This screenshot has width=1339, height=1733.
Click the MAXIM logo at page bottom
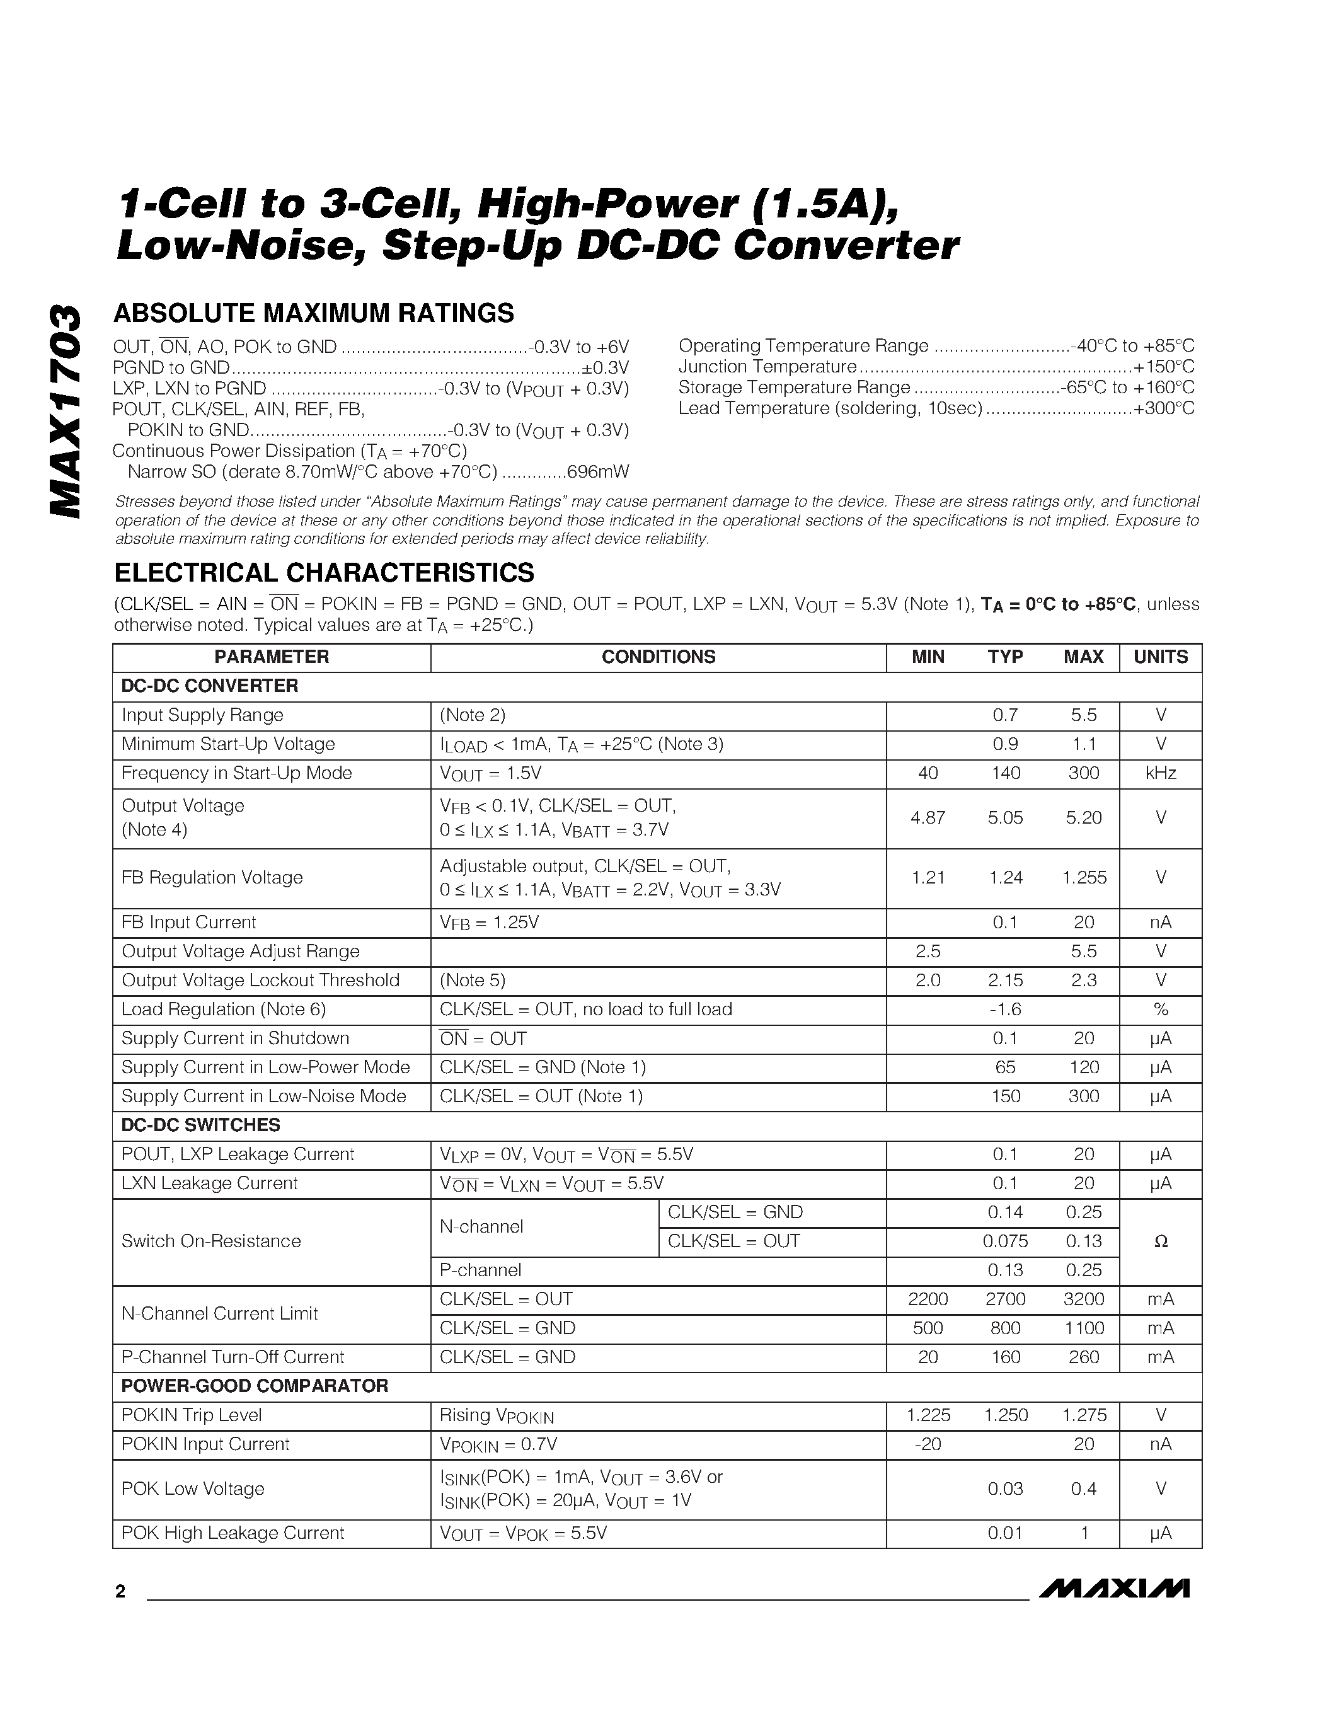(x=1113, y=1610)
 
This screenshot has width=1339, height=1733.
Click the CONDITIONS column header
(x=658, y=657)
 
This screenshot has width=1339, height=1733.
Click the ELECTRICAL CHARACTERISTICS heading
(x=324, y=572)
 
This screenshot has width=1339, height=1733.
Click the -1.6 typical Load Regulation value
(x=1005, y=1010)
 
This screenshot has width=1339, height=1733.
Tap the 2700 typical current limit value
(x=1005, y=1299)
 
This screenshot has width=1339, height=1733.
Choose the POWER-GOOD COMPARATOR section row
(x=255, y=1386)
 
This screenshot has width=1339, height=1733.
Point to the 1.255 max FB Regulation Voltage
(x=1084, y=878)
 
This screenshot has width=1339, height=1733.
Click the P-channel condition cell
(x=481, y=1270)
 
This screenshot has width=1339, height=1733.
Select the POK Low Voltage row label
(x=193, y=1489)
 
